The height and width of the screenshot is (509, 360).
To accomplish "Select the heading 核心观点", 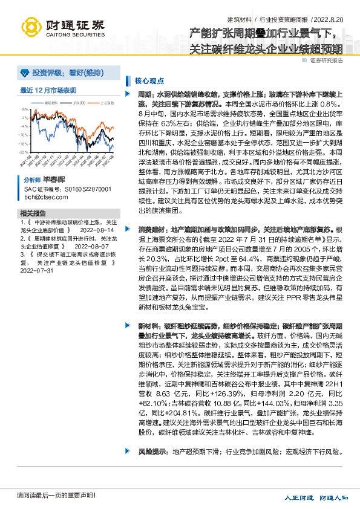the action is (149, 80).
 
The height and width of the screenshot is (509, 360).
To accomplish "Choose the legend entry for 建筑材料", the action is (52, 103).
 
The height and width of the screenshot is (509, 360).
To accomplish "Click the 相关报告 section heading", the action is (33, 213).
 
